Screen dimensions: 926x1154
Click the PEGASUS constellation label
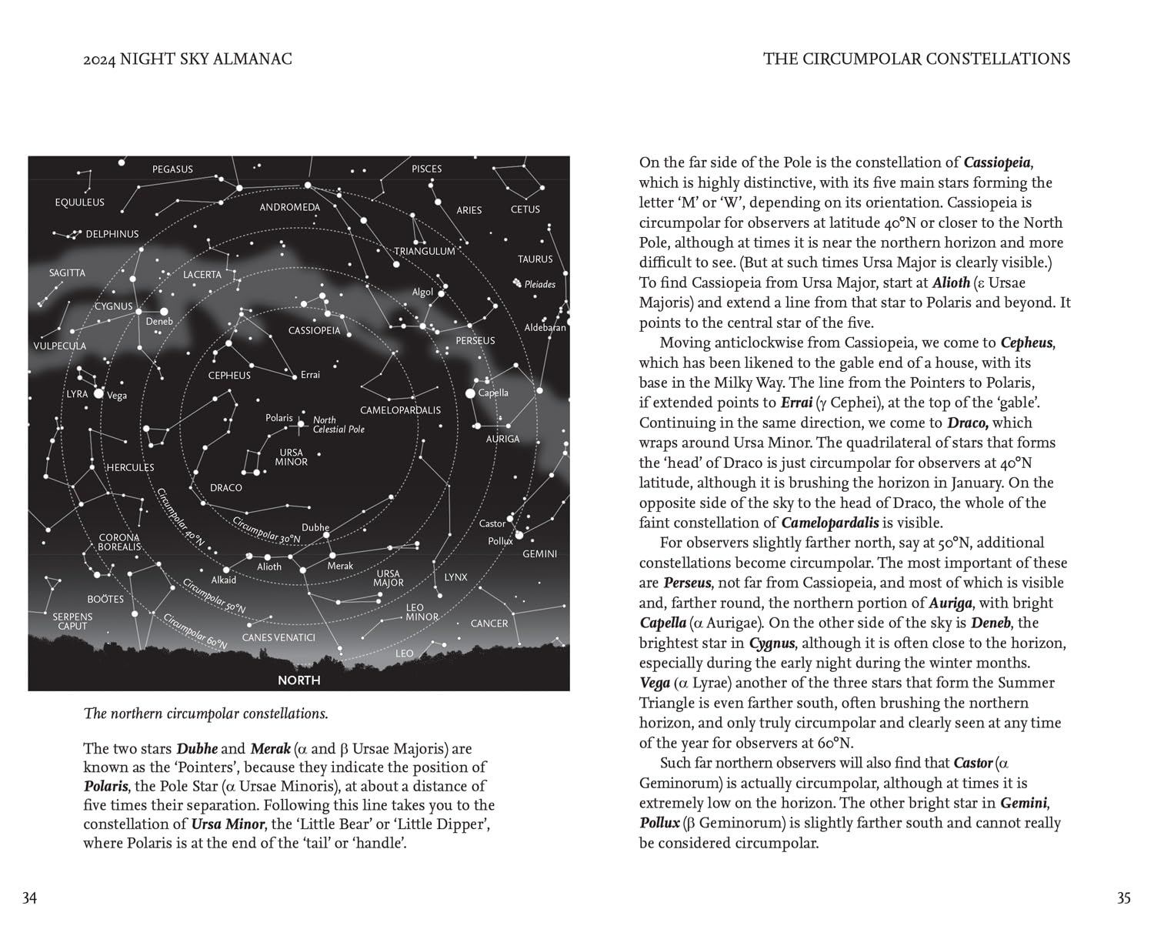(172, 169)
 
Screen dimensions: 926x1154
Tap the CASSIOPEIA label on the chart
(314, 331)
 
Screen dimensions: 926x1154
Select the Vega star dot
(98, 393)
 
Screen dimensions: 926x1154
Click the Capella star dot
(470, 393)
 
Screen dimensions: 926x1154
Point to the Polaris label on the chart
(279, 418)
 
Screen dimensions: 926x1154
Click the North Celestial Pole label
(339, 425)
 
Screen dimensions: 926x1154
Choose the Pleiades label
(539, 284)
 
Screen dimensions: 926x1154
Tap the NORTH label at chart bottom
(299, 680)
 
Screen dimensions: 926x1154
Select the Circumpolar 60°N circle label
(195, 632)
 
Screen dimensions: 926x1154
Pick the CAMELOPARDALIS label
(400, 410)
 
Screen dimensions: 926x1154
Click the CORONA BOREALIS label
(119, 542)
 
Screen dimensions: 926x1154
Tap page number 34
(30, 898)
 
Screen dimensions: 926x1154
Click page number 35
(1123, 898)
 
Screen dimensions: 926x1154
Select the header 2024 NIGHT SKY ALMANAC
(188, 59)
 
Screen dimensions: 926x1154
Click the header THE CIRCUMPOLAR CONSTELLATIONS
(916, 59)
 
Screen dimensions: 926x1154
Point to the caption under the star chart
(206, 714)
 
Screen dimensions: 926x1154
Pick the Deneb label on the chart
(159, 321)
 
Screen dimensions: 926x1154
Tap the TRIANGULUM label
(425, 252)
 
